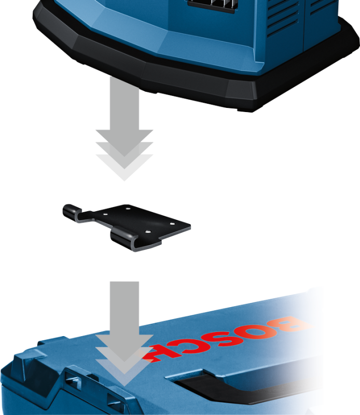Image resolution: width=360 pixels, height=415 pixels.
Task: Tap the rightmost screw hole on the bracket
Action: click(172, 224)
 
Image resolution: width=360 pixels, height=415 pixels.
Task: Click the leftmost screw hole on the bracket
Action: click(105, 214)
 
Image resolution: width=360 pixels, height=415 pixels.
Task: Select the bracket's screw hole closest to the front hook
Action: click(147, 232)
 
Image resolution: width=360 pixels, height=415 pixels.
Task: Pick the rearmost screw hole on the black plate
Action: click(128, 209)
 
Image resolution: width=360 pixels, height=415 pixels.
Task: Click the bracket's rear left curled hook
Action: click(72, 212)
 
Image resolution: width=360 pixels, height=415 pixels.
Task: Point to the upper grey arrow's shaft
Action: click(124, 104)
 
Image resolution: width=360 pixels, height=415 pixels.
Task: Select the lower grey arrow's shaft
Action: click(124, 308)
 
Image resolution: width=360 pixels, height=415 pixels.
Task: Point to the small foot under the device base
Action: click(244, 109)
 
